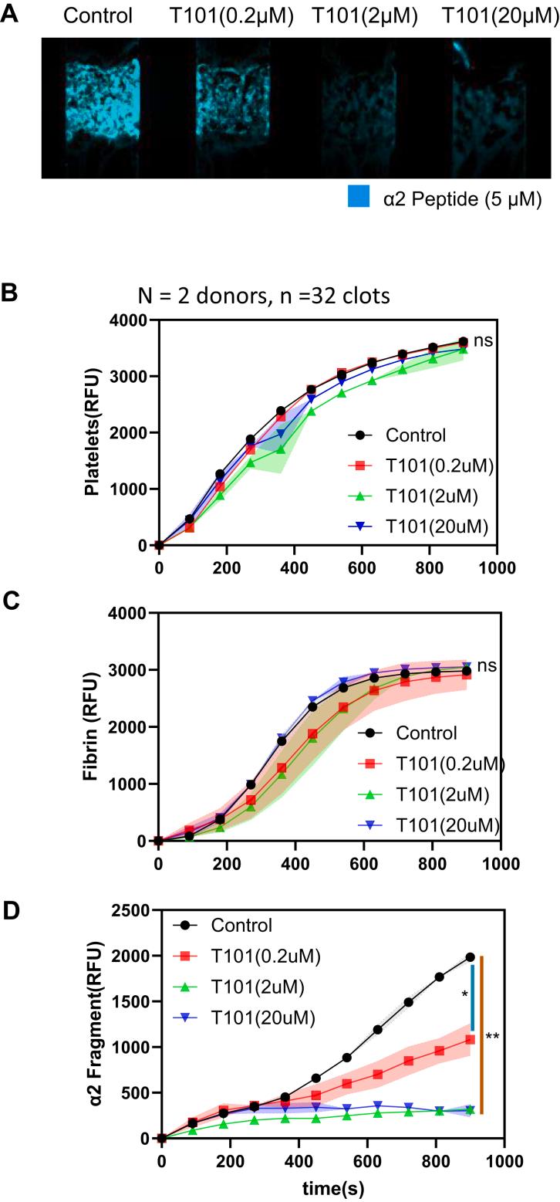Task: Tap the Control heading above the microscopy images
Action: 98,15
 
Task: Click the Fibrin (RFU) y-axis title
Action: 93,726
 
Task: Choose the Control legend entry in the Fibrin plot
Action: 426,733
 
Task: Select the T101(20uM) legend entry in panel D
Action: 263,1018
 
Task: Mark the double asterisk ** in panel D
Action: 493,1038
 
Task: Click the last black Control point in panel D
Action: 471,957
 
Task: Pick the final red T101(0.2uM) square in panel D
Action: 471,1039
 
